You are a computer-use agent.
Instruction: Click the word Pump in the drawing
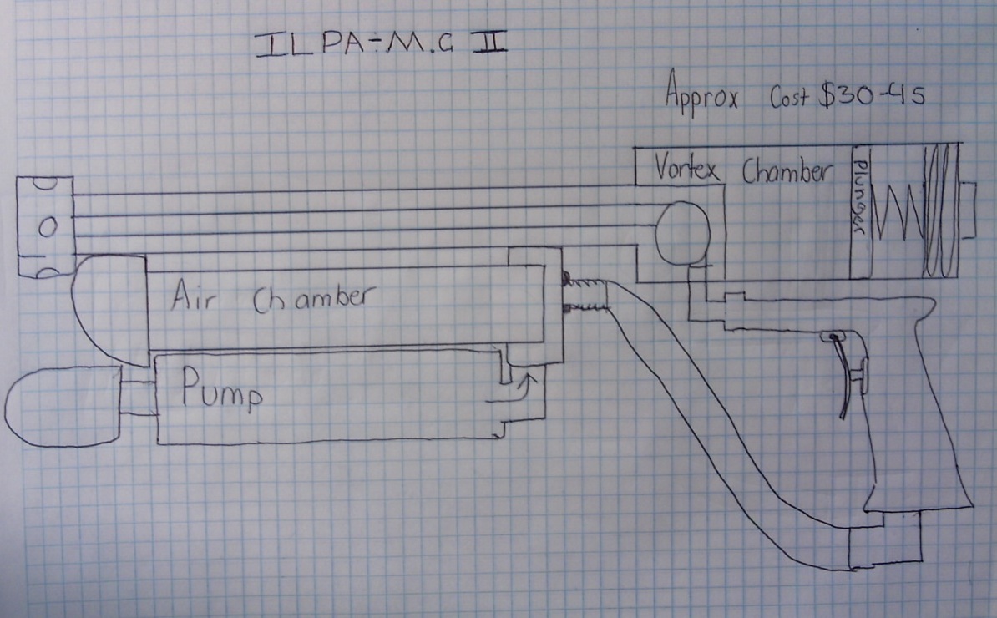click(221, 389)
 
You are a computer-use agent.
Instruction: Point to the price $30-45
click(872, 94)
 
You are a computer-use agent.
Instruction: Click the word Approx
click(702, 95)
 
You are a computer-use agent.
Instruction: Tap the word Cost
click(789, 96)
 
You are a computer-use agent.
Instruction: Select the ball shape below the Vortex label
click(683, 233)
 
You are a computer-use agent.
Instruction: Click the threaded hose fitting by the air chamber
click(585, 295)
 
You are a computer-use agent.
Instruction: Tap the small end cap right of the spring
click(967, 210)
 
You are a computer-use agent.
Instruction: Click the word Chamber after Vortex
click(787, 171)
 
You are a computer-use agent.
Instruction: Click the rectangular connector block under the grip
click(886, 539)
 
